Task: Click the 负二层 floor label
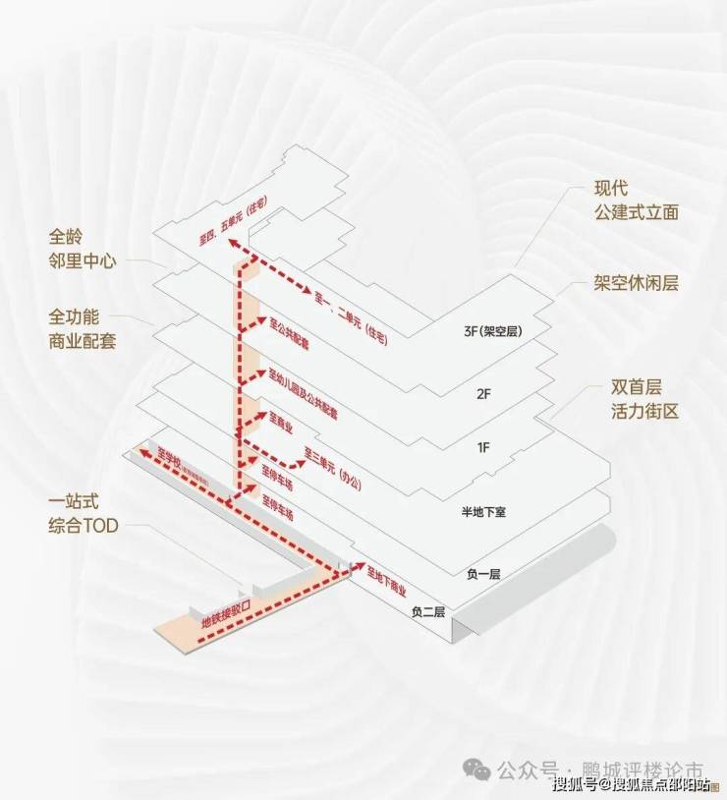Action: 428,611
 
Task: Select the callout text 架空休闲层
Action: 637,283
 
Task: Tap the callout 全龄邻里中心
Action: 83,250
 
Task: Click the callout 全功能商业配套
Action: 83,330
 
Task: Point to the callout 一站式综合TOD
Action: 83,513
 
